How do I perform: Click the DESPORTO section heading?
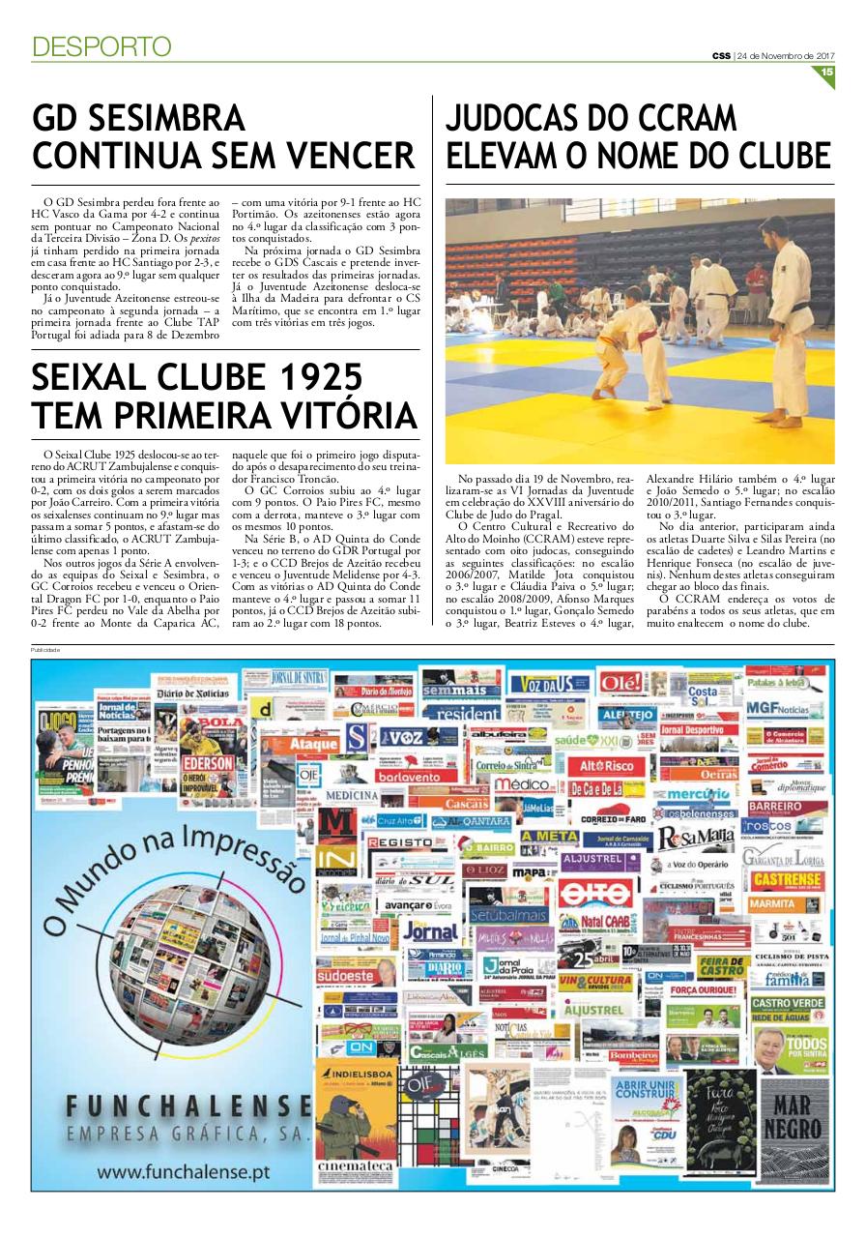(101, 45)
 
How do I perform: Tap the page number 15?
(827, 72)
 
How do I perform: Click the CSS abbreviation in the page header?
(721, 55)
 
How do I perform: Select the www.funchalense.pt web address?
(180, 1173)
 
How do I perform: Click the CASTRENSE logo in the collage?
(787, 879)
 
